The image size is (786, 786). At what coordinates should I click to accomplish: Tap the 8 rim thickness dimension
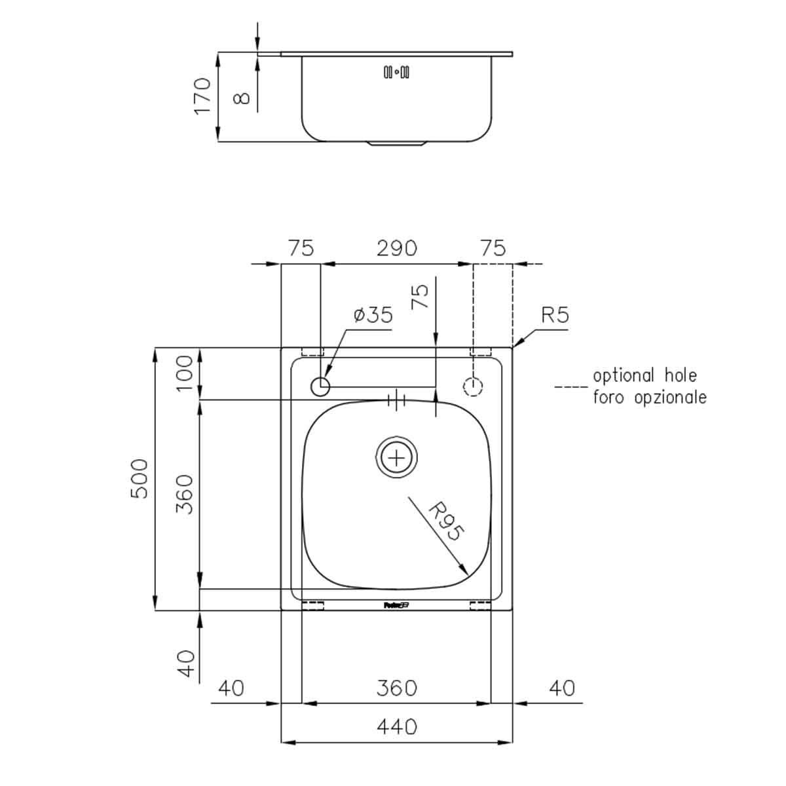click(x=242, y=98)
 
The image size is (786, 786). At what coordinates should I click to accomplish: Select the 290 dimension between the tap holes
click(x=397, y=248)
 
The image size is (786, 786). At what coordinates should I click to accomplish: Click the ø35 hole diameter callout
click(x=373, y=316)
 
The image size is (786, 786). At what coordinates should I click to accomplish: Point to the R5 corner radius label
click(x=555, y=316)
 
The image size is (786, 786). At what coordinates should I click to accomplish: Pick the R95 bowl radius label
click(x=445, y=521)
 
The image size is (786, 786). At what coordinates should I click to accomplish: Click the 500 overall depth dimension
click(x=140, y=479)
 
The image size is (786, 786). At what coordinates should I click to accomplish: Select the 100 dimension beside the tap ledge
click(x=186, y=373)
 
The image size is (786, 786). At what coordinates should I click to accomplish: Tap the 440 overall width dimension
click(x=397, y=726)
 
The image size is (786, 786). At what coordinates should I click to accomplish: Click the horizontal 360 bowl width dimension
click(x=397, y=688)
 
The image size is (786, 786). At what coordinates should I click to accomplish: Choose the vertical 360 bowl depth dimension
click(x=186, y=494)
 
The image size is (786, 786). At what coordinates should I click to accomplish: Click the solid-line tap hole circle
click(x=320, y=386)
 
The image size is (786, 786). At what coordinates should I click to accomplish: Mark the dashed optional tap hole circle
click(x=472, y=386)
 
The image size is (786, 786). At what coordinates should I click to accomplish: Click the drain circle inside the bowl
click(x=396, y=457)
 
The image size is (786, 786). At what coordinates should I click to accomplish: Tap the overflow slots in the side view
click(x=396, y=71)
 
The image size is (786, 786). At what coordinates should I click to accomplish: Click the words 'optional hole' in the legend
click(x=645, y=376)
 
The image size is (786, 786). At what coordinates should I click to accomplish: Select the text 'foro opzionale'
click(x=649, y=397)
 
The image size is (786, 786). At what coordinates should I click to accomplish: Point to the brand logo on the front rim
click(x=396, y=605)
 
